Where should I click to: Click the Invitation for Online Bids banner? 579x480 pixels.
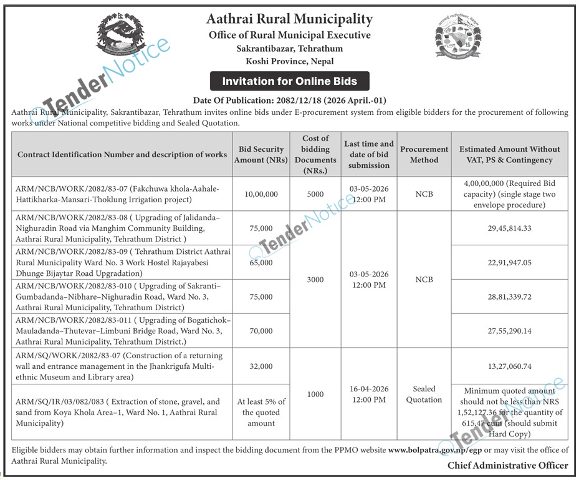pos(289,81)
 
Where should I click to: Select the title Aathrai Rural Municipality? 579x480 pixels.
pos(289,19)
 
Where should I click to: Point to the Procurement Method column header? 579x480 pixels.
pos(424,154)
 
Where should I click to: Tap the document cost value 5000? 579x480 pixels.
pos(315,194)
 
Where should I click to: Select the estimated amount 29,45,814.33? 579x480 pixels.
pos(510,228)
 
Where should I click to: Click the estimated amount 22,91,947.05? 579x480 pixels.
pos(510,263)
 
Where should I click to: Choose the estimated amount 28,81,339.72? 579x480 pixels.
pos(510,297)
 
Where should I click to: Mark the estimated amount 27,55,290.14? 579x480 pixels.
pos(510,331)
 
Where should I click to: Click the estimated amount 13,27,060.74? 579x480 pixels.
pos(510,366)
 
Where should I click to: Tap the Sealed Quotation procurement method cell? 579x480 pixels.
pos(424,394)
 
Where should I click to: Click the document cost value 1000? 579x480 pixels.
pos(315,394)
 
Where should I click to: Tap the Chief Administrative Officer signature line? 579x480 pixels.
pos(507,466)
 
